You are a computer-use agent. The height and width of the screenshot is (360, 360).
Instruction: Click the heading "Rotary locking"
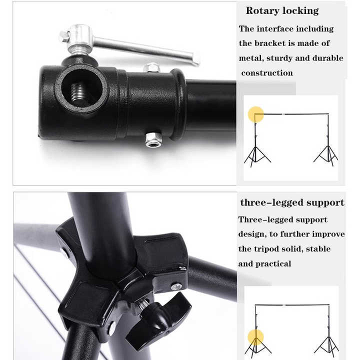(282, 11)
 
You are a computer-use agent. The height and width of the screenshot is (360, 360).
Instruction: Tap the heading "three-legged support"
(292, 202)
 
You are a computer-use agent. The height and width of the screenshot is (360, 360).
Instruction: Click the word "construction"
(267, 73)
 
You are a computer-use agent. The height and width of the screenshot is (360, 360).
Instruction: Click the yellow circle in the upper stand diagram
(256, 114)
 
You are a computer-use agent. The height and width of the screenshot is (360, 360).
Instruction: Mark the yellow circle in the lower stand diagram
(255, 337)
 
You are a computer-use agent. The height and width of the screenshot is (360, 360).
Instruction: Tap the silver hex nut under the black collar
(153, 139)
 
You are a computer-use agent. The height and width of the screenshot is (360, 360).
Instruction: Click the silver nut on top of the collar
(151, 67)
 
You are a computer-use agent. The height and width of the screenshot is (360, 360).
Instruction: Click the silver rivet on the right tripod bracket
(176, 286)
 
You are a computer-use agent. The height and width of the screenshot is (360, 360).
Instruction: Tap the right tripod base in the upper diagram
(326, 154)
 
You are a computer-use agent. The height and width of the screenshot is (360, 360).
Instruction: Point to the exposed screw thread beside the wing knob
(143, 304)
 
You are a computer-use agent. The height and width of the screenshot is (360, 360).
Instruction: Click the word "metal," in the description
(251, 58)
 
